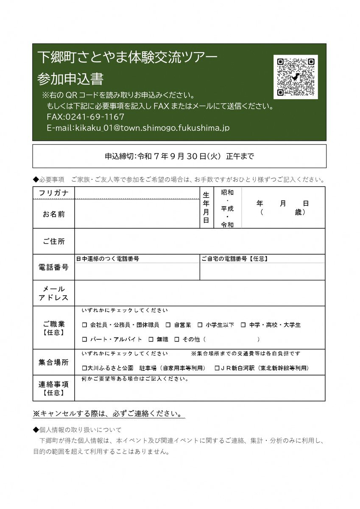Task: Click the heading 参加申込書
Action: pyautogui.click(x=70, y=79)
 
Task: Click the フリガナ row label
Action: pyautogui.click(x=53, y=193)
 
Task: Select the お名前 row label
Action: pyautogui.click(x=53, y=214)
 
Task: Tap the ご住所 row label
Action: pyautogui.click(x=53, y=241)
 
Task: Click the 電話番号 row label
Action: pyautogui.click(x=53, y=268)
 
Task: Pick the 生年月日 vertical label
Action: pyautogui.click(x=206, y=207)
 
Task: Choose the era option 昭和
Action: pyautogui.click(x=227, y=193)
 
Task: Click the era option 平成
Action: pyautogui.click(x=227, y=209)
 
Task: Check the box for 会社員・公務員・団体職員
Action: pyautogui.click(x=84, y=325)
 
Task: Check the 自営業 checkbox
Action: pyautogui.click(x=168, y=325)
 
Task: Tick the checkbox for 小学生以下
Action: pyautogui.click(x=200, y=325)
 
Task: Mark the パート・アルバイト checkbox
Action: pyautogui.click(x=84, y=339)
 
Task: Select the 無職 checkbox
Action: pyautogui.click(x=151, y=339)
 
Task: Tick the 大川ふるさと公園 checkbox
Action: pyautogui.click(x=84, y=368)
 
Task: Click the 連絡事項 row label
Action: pyautogui.click(x=53, y=389)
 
